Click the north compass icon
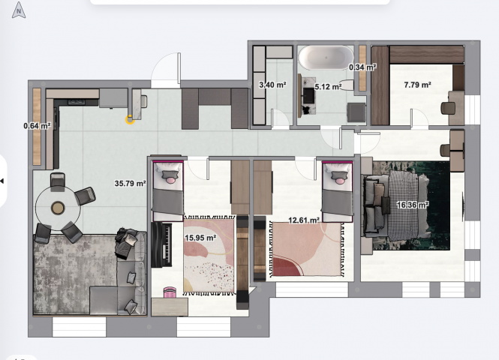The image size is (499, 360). point(19,10)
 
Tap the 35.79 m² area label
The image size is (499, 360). point(130,184)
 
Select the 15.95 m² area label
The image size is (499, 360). point(200,238)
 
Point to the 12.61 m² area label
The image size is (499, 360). point(304,220)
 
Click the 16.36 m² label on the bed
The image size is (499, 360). point(413,205)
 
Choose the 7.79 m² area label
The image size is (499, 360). point(417,85)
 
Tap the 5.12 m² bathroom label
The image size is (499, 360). point(328,86)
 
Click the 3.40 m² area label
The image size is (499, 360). point(272,85)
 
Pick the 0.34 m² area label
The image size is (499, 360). point(362,67)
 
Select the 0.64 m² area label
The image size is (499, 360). point(38,126)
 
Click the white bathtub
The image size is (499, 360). point(326,58)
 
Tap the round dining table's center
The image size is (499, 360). point(58,208)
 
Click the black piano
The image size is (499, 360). point(162,244)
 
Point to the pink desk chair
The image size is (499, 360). point(170,292)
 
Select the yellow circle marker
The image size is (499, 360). point(130,120)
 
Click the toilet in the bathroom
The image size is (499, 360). point(347,85)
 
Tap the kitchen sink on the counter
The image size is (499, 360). point(77,102)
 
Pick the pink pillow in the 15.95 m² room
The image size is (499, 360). point(170,181)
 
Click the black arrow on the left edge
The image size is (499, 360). point(2,181)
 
